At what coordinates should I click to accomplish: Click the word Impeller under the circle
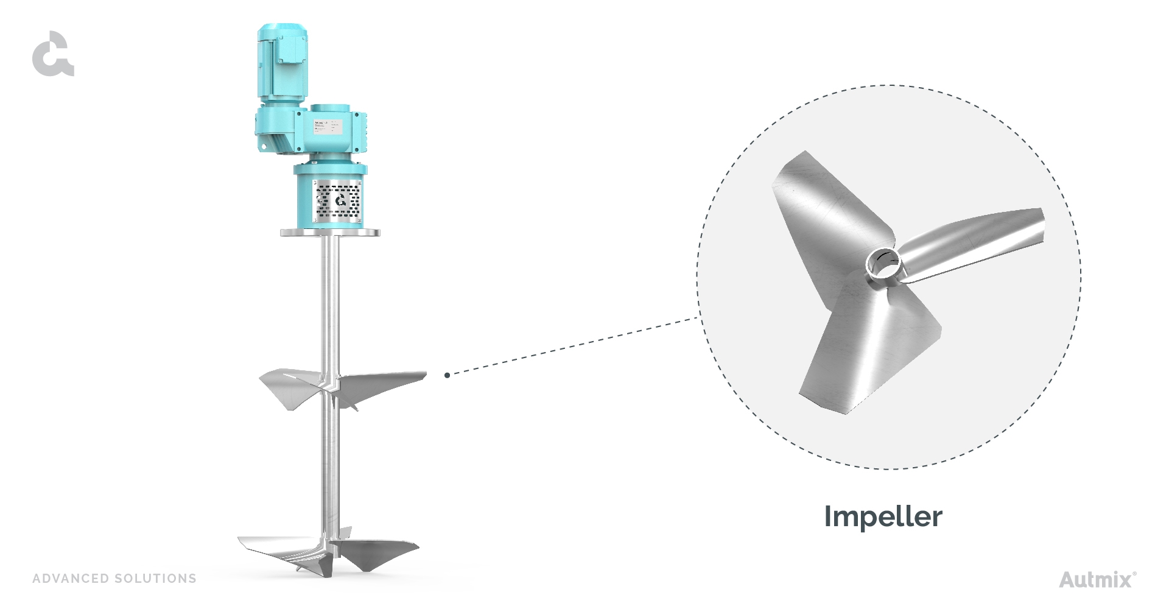[882, 516]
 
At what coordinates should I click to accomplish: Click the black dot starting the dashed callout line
[447, 375]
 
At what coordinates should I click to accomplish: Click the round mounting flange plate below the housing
[330, 232]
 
